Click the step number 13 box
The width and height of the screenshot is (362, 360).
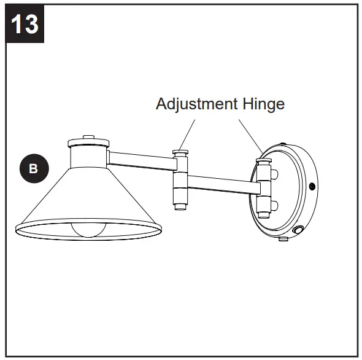click(24, 24)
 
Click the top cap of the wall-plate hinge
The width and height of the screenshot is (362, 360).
click(264, 160)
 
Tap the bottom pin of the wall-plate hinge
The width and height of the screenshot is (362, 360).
click(264, 214)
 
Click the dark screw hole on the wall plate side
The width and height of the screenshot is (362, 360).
click(312, 186)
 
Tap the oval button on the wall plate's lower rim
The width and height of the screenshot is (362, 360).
click(299, 231)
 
